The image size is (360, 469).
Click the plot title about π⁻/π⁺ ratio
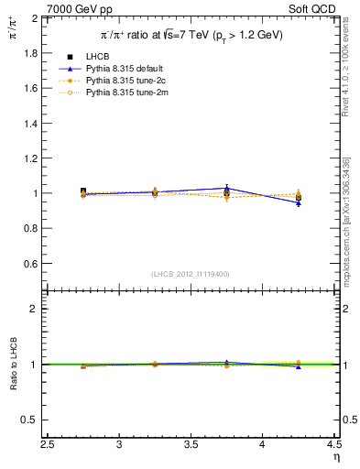(x=191, y=35)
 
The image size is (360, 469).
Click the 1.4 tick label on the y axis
(x=31, y=124)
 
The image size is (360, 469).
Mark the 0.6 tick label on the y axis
(x=31, y=264)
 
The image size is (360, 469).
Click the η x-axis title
(x=335, y=457)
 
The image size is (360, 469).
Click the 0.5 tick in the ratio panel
(x=31, y=420)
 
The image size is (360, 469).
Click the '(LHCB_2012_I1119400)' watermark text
(x=191, y=274)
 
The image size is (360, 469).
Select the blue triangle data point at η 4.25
(x=298, y=203)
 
